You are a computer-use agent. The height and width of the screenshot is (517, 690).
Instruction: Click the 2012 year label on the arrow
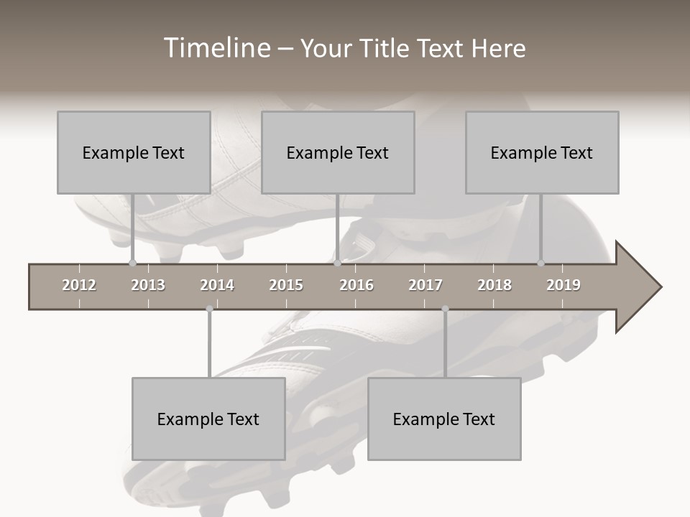point(79,285)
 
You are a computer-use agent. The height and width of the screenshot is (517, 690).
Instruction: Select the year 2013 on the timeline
point(148,285)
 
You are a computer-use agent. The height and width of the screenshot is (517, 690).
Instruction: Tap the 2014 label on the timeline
point(217,285)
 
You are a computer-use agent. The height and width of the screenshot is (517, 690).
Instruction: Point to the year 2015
point(286,285)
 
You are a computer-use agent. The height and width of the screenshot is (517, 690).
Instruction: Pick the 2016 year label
point(356,285)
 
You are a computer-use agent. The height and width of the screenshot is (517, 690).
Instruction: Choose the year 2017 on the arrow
point(425,285)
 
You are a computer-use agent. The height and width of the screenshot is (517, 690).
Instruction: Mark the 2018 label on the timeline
point(494,285)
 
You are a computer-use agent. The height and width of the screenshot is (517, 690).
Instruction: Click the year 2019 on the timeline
point(563,285)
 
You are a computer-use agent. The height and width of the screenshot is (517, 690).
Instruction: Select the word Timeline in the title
point(216,48)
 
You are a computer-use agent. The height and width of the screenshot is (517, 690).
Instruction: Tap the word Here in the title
point(498,48)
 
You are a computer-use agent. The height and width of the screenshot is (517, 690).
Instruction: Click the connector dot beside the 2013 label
point(132,263)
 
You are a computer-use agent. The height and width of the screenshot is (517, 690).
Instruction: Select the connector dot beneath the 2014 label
point(209,309)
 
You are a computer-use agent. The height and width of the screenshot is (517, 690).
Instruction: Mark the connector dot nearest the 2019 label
point(540,263)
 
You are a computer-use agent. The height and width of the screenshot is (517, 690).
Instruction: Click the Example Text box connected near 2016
point(338,152)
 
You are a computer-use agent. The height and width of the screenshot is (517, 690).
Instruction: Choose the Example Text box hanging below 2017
point(444,419)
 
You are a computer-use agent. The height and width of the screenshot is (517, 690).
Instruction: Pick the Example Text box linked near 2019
point(542,152)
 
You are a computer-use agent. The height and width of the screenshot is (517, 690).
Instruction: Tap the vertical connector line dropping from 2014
point(209,345)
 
